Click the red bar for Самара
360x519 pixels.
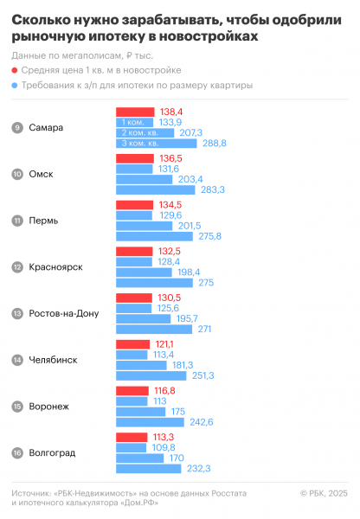135,112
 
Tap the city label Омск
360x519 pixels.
41,174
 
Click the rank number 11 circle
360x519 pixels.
17,221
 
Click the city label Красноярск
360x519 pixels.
55,267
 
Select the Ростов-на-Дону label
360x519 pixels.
64,313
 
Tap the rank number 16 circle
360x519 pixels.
17,452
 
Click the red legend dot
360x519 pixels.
16,70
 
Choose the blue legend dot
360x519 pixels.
16,86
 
